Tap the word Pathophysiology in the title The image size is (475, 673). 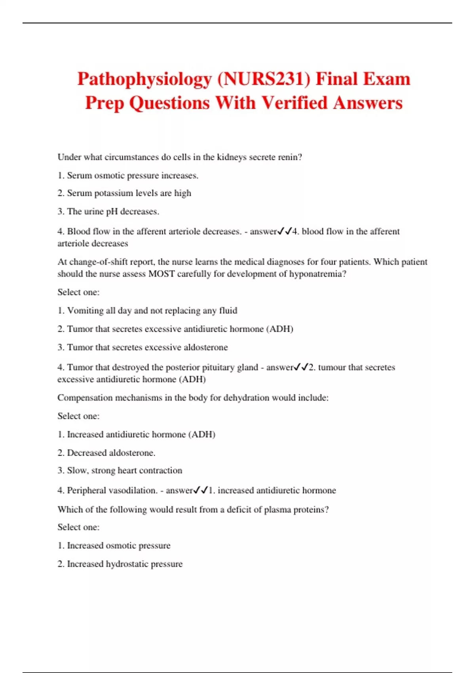pos(144,79)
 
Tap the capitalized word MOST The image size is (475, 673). pos(161,274)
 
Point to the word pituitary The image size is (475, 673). pos(218,367)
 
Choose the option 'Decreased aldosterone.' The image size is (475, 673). pos(111,452)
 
